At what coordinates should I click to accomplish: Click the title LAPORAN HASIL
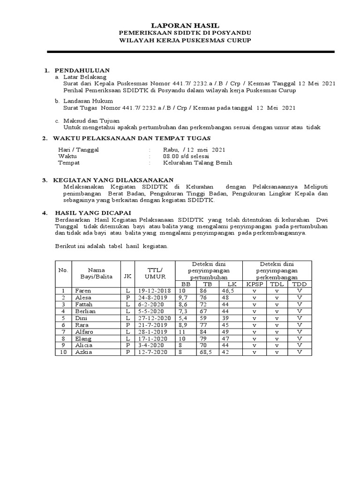pyautogui.click(x=184, y=25)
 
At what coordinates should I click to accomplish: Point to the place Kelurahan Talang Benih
pyautogui.click(x=197, y=163)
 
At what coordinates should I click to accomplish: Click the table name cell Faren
pyautogui.click(x=83, y=291)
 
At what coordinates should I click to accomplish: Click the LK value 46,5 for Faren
pyautogui.click(x=228, y=291)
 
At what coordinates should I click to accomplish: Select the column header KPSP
pyautogui.click(x=255, y=284)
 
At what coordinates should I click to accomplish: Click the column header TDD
pyautogui.click(x=299, y=284)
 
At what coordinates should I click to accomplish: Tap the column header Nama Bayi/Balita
pyautogui.click(x=97, y=273)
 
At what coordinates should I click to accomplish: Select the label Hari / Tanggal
pyautogui.click(x=79, y=150)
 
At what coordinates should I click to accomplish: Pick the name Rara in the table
pyautogui.click(x=82, y=324)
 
